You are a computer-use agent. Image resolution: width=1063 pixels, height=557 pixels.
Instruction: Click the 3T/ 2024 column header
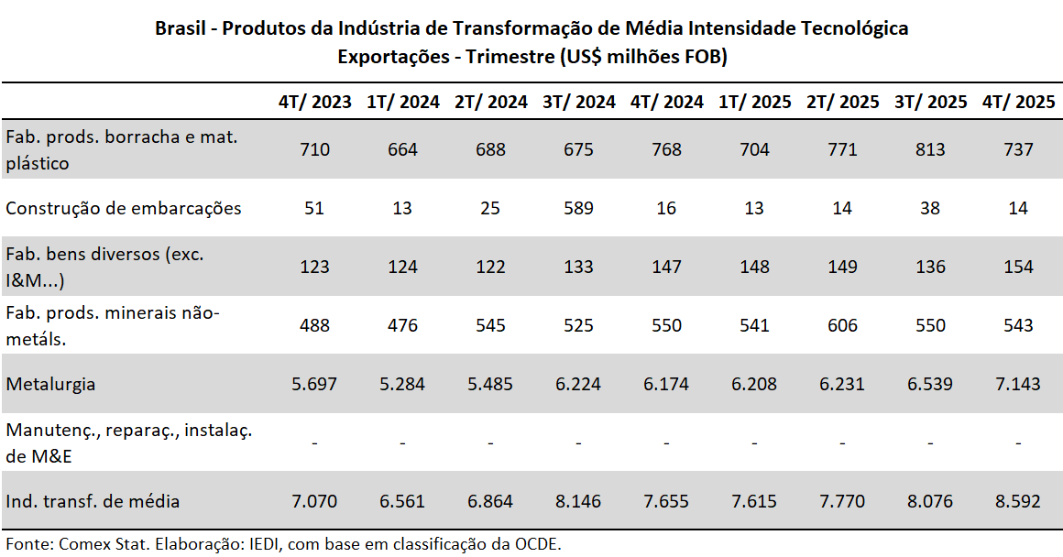tap(579, 102)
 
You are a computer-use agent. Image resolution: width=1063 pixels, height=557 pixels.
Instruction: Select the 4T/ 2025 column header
tap(1018, 102)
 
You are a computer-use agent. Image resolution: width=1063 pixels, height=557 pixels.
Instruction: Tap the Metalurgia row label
tap(51, 384)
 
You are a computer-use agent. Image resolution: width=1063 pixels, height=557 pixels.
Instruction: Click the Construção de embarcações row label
tap(124, 208)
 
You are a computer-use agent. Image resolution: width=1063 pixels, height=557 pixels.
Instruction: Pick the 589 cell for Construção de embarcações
tap(579, 208)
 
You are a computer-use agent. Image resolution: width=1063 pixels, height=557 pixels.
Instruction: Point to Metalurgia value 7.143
tap(1018, 384)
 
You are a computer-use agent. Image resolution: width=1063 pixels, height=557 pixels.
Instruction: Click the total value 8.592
tap(1018, 501)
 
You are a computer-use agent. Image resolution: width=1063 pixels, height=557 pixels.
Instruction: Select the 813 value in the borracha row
tap(930, 149)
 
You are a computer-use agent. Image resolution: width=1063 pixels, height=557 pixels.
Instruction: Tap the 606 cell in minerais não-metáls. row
tap(842, 325)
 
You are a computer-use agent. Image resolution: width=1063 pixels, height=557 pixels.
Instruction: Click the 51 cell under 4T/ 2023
tap(315, 208)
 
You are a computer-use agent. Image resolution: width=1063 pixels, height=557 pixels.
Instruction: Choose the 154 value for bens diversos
tap(1018, 267)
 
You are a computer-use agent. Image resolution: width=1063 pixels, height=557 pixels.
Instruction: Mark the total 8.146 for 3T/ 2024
tap(579, 501)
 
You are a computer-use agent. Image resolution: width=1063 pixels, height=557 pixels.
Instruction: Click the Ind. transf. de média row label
tap(93, 501)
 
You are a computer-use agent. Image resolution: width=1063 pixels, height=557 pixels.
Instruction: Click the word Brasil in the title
tap(180, 28)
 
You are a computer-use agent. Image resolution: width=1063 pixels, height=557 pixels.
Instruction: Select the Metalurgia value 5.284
tap(403, 384)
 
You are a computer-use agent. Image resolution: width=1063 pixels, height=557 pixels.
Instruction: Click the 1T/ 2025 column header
tap(754, 102)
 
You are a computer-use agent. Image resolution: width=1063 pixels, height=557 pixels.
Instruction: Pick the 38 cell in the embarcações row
tap(930, 208)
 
